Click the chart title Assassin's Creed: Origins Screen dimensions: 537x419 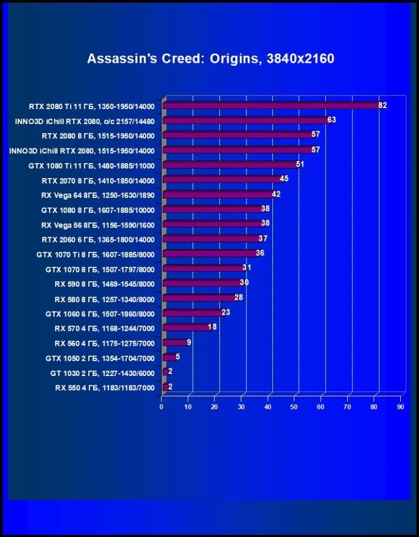pyautogui.click(x=210, y=58)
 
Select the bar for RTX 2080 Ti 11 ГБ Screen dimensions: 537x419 pyautogui.click(x=270, y=105)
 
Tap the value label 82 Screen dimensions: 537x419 pyautogui.click(x=382, y=105)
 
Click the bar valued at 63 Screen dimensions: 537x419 pyautogui.click(x=245, y=120)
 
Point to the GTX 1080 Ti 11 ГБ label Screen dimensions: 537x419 pyautogui.click(x=92, y=165)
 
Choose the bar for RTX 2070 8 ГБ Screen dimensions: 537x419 pyautogui.click(x=221, y=180)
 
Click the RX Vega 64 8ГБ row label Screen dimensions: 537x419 pyautogui.click(x=98, y=195)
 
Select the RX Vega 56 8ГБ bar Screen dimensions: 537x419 pyautogui.click(x=212, y=224)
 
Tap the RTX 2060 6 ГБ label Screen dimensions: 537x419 pyautogui.click(x=98, y=239)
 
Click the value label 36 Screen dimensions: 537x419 pyautogui.click(x=261, y=253)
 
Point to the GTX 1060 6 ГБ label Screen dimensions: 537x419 pyautogui.click(x=100, y=314)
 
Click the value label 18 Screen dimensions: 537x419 pyautogui.click(x=212, y=327)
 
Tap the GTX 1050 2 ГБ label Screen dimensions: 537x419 pyautogui.click(x=100, y=358)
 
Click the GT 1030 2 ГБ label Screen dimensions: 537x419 pyautogui.click(x=102, y=373)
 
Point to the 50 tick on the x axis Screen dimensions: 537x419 pyautogui.click(x=294, y=407)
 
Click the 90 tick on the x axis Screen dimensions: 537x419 pyautogui.click(x=400, y=407)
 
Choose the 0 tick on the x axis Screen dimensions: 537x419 pyautogui.click(x=162, y=407)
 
